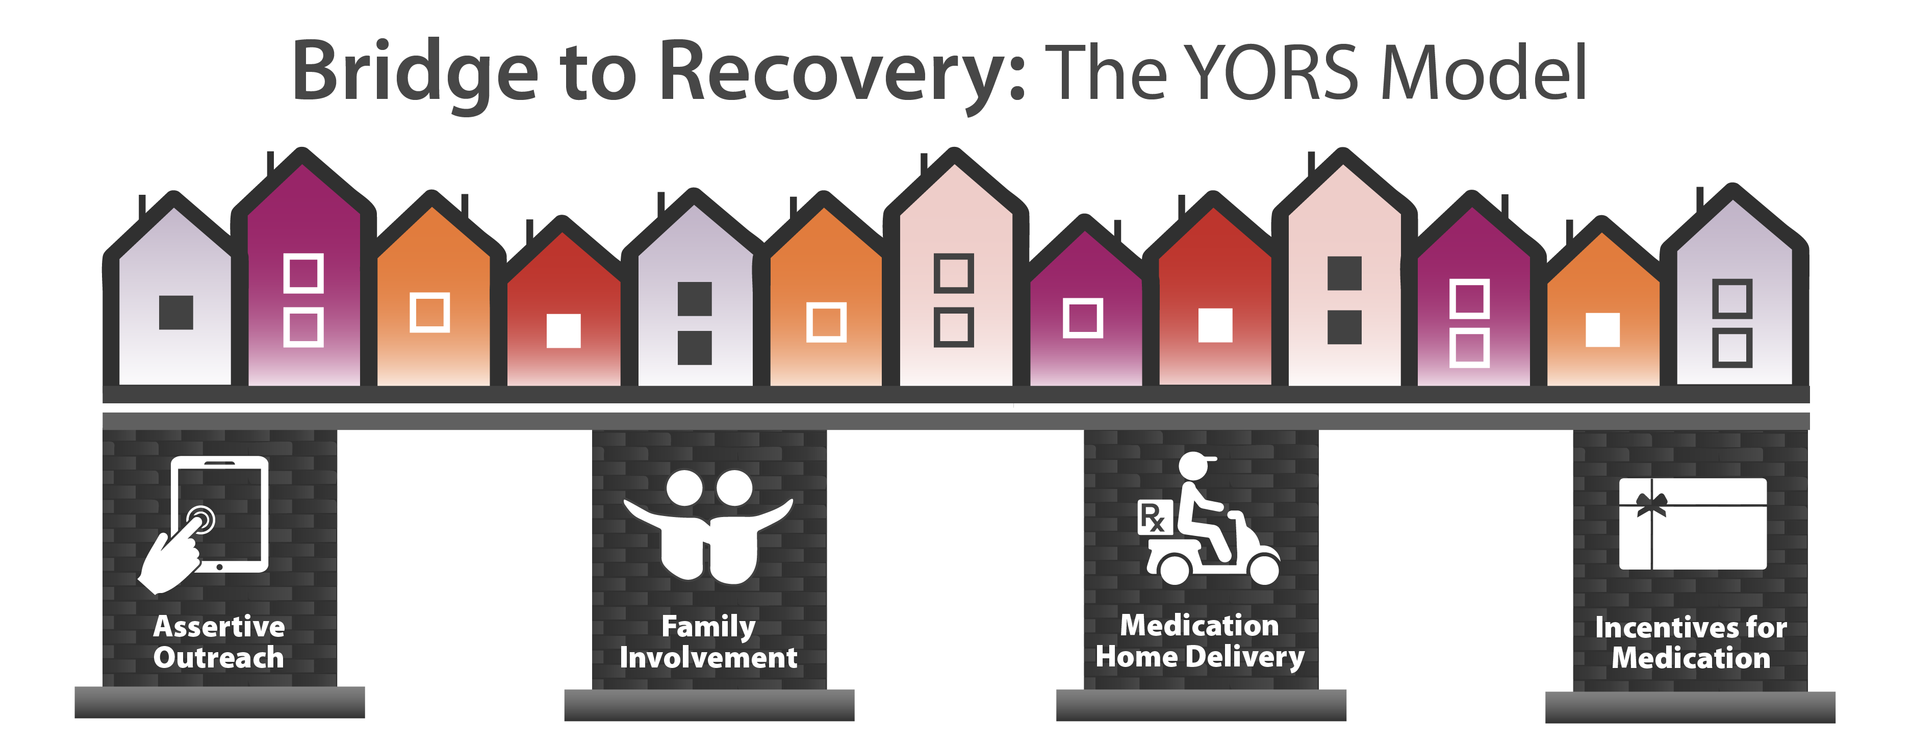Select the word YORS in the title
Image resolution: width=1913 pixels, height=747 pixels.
point(1272,72)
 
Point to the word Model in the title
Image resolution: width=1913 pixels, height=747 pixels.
point(1483,72)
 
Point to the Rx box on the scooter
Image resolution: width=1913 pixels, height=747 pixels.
point(1155,518)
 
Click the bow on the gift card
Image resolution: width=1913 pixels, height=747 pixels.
point(1651,504)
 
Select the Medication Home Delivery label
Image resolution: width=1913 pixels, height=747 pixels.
point(1200,641)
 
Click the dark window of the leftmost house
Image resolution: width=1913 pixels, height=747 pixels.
point(176,313)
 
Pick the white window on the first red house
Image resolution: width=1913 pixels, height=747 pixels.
point(564,331)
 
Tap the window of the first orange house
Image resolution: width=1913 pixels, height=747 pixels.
point(430,313)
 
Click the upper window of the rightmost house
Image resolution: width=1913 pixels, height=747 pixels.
point(1732,298)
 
